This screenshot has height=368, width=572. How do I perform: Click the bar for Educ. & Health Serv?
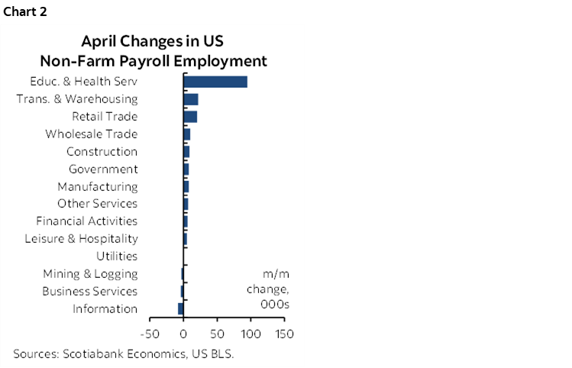[x=215, y=82]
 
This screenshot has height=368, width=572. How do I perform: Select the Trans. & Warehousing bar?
[x=191, y=99]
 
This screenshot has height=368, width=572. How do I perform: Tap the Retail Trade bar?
[x=190, y=117]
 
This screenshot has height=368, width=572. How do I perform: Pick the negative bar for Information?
[x=181, y=308]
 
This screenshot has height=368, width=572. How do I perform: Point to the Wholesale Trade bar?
[x=187, y=134]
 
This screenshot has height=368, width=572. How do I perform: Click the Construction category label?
[x=102, y=152]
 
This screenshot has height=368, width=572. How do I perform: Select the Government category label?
[x=103, y=169]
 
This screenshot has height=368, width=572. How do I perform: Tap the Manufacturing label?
[x=98, y=186]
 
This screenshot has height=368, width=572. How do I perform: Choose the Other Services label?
[x=98, y=204]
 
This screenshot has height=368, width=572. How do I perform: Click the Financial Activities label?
[x=87, y=221]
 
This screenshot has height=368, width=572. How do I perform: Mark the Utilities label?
[x=117, y=257]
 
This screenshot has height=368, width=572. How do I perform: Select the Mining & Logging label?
[x=90, y=274]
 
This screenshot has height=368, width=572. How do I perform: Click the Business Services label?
[x=89, y=291]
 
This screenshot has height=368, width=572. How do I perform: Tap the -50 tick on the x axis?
[x=150, y=334]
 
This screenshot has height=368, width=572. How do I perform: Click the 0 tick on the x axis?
[x=184, y=334]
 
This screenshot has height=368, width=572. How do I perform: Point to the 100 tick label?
[x=250, y=334]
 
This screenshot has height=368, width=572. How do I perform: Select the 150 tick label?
[x=284, y=334]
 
